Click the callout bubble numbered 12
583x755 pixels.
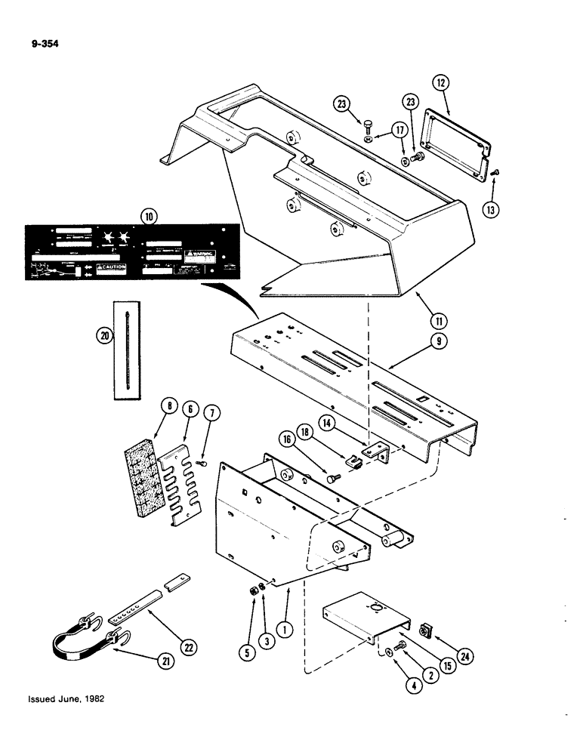pos(443,82)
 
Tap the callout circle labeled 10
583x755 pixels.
pos(146,218)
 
